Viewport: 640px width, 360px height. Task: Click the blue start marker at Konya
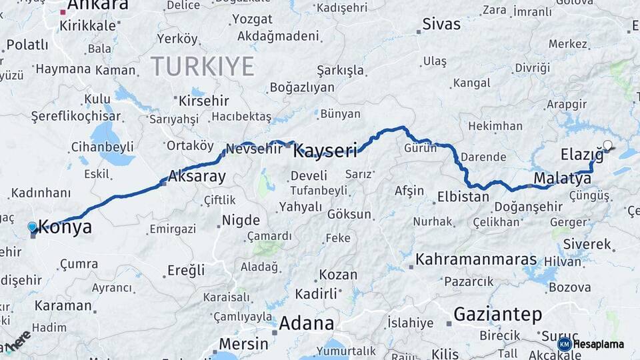point(32,227)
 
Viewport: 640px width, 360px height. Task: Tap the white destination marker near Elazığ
point(607,145)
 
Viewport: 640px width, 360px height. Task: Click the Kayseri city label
point(325,150)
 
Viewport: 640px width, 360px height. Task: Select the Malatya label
point(553,178)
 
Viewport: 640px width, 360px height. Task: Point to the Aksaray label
point(197,177)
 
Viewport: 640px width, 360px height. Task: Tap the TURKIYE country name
point(202,67)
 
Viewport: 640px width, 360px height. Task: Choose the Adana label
point(307,323)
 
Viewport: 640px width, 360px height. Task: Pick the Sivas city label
point(441,25)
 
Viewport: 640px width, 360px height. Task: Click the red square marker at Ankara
point(63,12)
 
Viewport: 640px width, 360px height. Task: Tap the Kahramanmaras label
point(477,259)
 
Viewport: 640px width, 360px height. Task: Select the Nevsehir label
point(254,149)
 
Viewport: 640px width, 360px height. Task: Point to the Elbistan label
point(463,197)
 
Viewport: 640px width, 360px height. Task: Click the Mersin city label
point(243,345)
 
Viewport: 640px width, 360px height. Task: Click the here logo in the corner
point(16,342)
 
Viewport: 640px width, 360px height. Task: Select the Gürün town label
point(420,148)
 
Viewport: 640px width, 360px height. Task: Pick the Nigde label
point(241,219)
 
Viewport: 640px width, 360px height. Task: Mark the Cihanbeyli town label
point(103,147)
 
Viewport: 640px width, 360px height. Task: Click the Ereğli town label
point(186,270)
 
